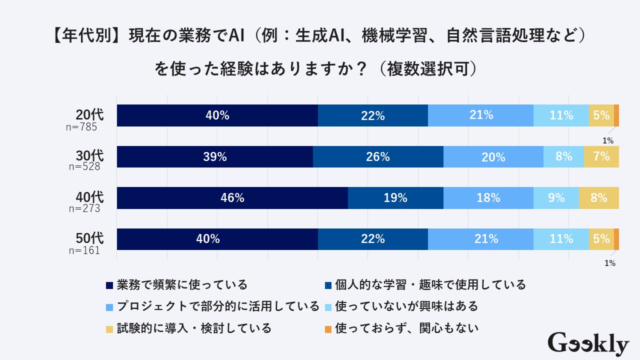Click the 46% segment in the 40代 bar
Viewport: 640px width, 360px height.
click(x=232, y=198)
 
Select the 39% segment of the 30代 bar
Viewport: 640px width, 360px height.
click(x=215, y=156)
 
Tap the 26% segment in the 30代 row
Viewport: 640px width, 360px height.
click(x=378, y=156)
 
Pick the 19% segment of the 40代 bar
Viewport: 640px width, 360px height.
click(x=395, y=198)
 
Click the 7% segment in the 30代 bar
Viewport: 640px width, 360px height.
click(x=601, y=156)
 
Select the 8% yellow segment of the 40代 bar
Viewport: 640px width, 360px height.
click(x=598, y=198)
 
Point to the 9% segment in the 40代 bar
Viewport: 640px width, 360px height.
click(x=556, y=198)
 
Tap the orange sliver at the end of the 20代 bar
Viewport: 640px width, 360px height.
click(x=616, y=115)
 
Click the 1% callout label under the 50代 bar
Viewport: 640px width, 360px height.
click(x=609, y=263)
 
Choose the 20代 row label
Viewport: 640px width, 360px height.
click(x=89, y=114)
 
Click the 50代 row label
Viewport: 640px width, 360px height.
click(x=89, y=237)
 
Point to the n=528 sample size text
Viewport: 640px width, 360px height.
click(x=84, y=167)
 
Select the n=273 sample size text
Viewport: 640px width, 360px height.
click(x=84, y=208)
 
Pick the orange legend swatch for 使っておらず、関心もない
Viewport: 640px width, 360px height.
click(x=328, y=329)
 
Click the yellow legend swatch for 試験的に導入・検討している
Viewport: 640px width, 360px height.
click(x=109, y=329)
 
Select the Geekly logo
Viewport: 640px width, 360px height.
click(x=588, y=344)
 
